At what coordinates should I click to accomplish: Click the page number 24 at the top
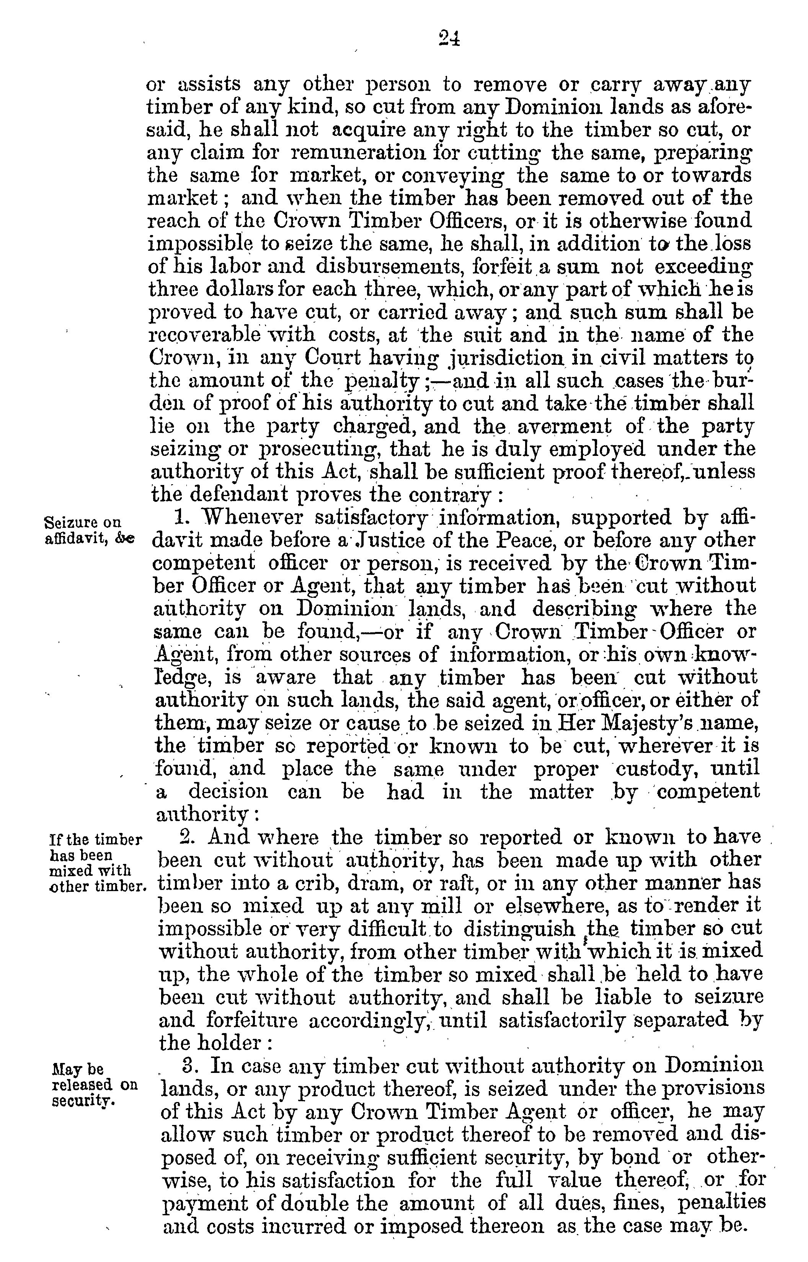coord(450,39)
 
